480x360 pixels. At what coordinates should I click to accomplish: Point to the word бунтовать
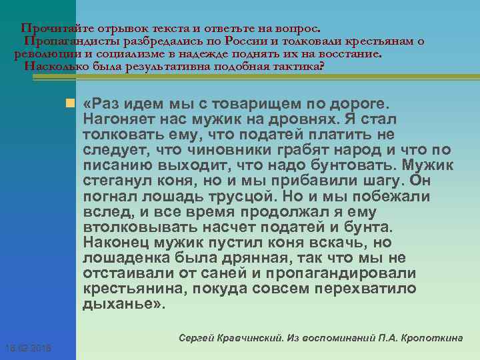point(357,165)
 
